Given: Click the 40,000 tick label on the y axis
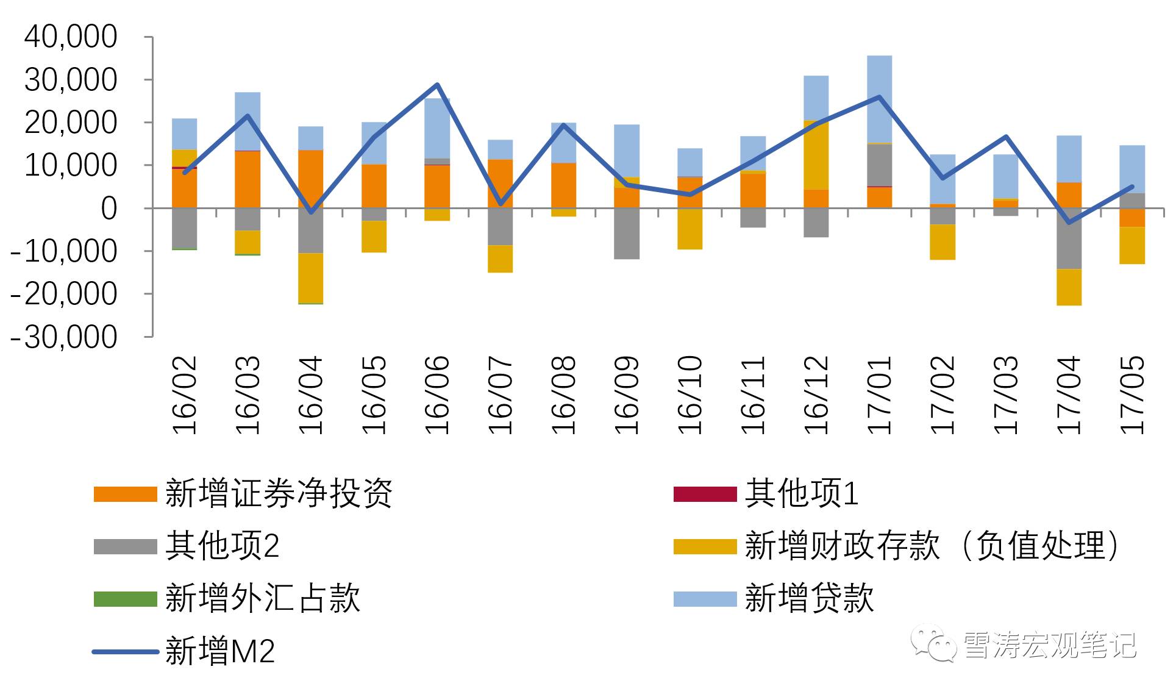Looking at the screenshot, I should (71, 37).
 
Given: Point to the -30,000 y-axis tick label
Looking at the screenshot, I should (64, 337).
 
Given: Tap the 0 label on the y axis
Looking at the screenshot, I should (109, 209).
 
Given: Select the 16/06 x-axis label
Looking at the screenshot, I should (437, 395).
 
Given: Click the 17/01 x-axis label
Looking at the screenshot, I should (879, 395).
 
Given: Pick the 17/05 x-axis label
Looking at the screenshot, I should (1132, 395).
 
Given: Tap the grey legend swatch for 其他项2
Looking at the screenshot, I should (125, 546).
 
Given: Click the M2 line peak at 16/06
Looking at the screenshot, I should (437, 85).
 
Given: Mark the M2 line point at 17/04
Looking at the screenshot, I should (1069, 223).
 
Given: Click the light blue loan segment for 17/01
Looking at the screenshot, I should (879, 98).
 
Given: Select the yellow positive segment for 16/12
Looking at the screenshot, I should (816, 155).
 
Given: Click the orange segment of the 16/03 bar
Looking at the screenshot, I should (248, 179).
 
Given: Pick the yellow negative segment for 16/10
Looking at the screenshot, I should (690, 229).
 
